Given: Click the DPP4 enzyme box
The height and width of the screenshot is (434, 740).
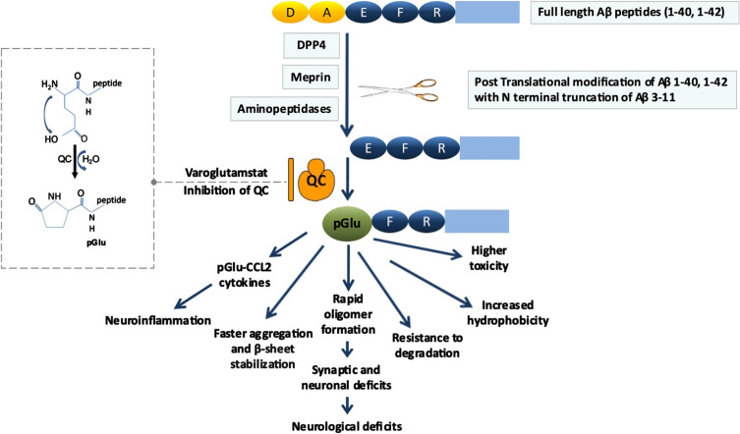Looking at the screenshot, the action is click(312, 45).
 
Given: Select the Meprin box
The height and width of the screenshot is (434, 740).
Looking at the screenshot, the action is click(311, 77).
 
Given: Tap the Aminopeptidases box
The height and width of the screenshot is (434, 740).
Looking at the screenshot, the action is click(284, 108).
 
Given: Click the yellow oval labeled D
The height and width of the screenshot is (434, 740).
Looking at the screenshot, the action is click(290, 12).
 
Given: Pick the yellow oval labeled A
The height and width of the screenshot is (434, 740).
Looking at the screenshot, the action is click(327, 12).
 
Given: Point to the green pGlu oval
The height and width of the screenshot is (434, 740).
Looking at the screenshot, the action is click(347, 223).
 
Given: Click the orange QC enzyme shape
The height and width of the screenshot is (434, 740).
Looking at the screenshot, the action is click(316, 180).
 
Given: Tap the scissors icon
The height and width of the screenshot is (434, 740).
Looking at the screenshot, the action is click(399, 89).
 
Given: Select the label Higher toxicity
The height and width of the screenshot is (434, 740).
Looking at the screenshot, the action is click(489, 258).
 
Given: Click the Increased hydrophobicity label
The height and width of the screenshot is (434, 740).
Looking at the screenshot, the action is click(508, 313).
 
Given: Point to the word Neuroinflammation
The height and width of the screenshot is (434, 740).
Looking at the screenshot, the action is click(158, 321).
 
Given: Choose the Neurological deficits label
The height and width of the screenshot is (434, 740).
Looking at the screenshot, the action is click(347, 426).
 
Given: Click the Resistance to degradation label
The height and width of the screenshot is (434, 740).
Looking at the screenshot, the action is click(427, 346).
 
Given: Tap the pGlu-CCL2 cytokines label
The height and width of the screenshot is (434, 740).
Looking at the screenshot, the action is click(244, 275).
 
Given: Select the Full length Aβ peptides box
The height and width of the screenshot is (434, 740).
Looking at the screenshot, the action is click(632, 12).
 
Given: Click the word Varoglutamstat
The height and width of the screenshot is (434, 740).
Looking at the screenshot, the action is click(226, 173).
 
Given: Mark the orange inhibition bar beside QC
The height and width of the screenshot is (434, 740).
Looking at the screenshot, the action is click(291, 180).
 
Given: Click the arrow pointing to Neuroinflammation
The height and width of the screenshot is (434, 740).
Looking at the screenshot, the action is click(194, 297).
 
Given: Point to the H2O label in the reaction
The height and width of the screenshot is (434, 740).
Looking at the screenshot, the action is click(90, 159).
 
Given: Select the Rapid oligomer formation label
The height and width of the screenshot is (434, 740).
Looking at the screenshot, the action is click(348, 314).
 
